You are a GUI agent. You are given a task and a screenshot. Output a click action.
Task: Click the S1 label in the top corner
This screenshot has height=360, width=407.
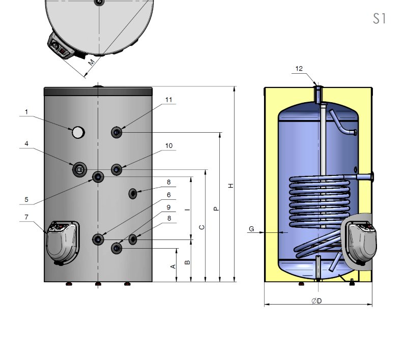(380, 19)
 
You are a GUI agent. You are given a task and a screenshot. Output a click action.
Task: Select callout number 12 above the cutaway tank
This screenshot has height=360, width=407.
(299, 69)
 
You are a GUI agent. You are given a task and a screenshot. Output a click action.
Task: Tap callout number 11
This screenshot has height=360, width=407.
(169, 100)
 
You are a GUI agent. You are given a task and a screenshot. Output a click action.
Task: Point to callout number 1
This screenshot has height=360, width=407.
(26, 112)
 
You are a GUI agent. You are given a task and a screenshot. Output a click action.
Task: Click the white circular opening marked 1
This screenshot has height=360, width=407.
(78, 132)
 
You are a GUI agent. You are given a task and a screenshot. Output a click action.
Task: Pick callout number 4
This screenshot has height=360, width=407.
(26, 144)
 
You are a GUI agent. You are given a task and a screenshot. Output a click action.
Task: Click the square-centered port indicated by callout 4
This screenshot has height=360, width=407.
(79, 170)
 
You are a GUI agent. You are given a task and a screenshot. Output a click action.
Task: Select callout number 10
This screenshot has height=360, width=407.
(169, 146)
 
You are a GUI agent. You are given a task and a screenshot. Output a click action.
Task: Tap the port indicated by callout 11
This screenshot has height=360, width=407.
(117, 133)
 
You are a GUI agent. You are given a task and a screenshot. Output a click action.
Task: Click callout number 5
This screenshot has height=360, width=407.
(26, 200)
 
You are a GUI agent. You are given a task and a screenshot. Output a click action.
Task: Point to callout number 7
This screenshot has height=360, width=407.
(26, 217)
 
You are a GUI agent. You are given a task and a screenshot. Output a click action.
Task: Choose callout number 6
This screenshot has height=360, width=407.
(169, 195)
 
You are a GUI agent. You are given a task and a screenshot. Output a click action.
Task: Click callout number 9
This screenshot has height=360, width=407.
(169, 207)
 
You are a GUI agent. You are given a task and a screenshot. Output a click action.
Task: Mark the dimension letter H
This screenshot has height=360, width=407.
(231, 186)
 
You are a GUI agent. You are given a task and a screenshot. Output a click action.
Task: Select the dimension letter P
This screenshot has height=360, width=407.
(216, 208)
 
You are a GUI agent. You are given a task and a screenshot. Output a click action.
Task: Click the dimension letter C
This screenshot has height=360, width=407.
(201, 227)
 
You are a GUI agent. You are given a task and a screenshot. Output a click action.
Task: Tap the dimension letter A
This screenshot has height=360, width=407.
(173, 266)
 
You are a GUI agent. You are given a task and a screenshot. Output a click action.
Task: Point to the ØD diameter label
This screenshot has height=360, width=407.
(316, 301)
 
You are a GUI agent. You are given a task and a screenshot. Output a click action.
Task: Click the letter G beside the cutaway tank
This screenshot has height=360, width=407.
(251, 229)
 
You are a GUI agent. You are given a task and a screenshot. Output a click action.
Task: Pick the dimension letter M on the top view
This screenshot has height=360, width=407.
(91, 63)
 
